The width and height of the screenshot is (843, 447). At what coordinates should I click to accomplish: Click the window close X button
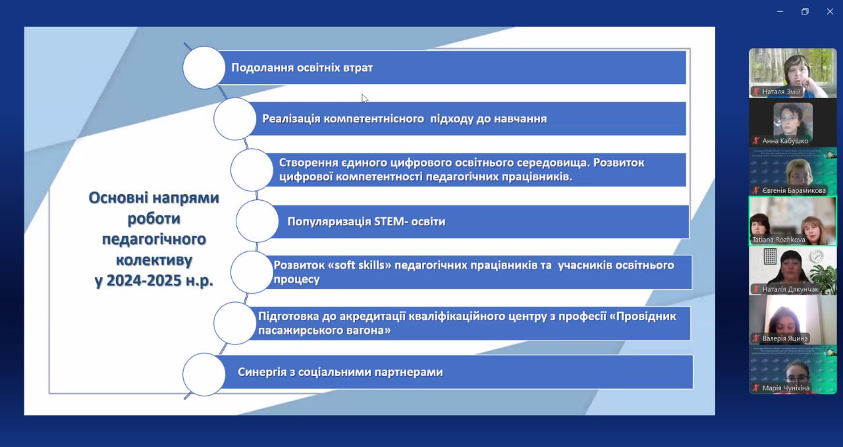coord(830,12)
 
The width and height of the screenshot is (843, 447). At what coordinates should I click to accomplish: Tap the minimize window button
coord(780,12)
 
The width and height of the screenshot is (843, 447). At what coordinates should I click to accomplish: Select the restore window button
coord(805,12)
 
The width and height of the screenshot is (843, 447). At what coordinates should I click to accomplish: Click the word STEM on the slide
coord(389,221)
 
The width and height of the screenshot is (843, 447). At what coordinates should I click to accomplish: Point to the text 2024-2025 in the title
coord(144,280)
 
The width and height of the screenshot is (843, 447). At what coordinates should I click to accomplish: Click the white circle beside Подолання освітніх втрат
coord(204,68)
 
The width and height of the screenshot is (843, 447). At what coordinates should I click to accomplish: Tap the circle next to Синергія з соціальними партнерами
coord(204,375)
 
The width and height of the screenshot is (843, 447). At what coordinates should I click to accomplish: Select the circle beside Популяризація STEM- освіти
coord(258,221)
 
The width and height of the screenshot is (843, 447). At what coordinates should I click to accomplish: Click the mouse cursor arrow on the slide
coord(364,99)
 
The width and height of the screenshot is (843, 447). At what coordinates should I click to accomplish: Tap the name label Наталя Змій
coord(781,92)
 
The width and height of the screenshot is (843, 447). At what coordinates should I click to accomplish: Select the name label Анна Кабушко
coord(785,141)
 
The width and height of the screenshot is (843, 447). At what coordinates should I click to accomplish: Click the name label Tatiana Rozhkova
coord(778,240)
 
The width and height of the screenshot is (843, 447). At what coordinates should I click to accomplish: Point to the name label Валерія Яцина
coord(784,338)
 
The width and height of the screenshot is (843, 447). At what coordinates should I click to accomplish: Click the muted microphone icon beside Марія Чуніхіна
coord(755,388)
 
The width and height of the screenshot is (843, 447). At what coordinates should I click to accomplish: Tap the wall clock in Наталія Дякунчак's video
coord(816,257)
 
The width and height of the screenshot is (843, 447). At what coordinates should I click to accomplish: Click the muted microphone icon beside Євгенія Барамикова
coord(755,190)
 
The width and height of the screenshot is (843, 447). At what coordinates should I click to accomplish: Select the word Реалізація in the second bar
coord(291,119)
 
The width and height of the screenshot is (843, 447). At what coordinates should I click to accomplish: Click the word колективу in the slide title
coord(154,259)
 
